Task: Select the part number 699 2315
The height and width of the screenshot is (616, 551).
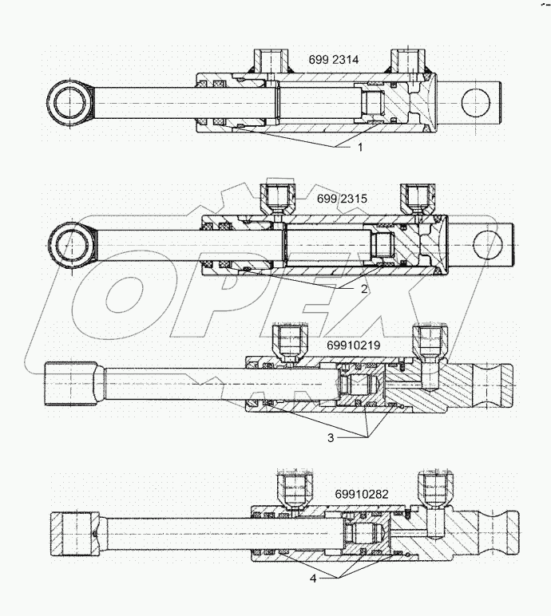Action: coord(339,197)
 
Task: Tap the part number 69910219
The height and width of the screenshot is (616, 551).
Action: coord(353,345)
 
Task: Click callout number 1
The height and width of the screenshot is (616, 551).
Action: coord(360,147)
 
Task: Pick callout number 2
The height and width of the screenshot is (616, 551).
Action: coord(363,289)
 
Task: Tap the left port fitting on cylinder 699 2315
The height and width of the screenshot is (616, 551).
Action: coord(275,199)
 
